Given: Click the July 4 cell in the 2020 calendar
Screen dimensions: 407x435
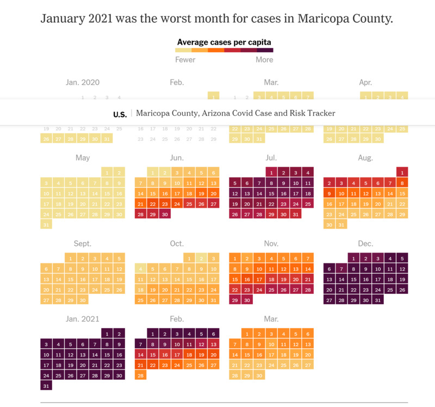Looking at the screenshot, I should point(308,172).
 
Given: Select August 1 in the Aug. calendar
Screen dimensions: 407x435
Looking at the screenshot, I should point(402,172).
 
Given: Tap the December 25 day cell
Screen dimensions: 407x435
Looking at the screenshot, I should point(390,289).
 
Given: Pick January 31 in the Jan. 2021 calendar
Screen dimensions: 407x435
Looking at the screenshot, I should point(46,386).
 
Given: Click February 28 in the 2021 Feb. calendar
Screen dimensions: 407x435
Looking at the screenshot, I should point(140,375).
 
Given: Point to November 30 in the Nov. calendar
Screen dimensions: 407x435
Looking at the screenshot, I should point(247,300).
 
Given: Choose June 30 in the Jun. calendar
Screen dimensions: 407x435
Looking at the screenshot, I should point(164,214).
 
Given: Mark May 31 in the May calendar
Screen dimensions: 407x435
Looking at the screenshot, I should point(46,224).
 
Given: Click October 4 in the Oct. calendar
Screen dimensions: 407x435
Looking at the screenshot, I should point(140,269).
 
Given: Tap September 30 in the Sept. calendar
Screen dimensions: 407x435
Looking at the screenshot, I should point(82,300).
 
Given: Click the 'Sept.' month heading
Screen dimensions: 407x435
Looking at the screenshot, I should point(83,244).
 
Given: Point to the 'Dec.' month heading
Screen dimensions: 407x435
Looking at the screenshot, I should point(365,244).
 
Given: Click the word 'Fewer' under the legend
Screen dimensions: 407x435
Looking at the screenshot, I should point(185,60).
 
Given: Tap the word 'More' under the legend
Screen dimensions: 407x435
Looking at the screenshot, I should point(264,60).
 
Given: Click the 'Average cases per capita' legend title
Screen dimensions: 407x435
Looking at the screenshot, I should point(224,42).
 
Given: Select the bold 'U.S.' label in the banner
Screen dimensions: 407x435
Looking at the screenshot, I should point(120,114).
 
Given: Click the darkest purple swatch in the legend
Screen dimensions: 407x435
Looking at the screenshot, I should point(265,50).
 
